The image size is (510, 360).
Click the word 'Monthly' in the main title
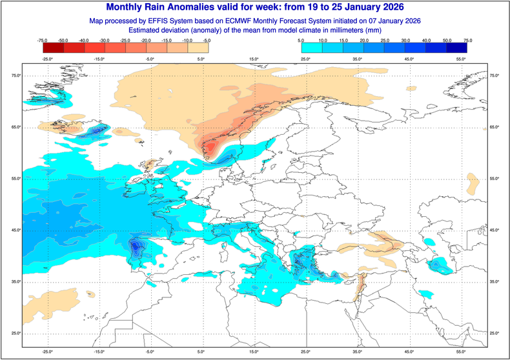pyautogui.click(x=132, y=7)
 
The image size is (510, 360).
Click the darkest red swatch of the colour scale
pyautogui.click(x=52, y=47)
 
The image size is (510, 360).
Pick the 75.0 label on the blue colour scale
pyautogui.click(x=467, y=40)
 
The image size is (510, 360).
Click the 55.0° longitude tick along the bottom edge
pyautogui.click(x=461, y=353)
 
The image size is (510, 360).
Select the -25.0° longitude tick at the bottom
pyautogui.click(x=47, y=353)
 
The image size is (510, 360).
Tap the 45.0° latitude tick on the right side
pyautogui.click(x=494, y=230)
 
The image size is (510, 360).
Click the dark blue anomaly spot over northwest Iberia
pyautogui.click(x=136, y=246)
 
